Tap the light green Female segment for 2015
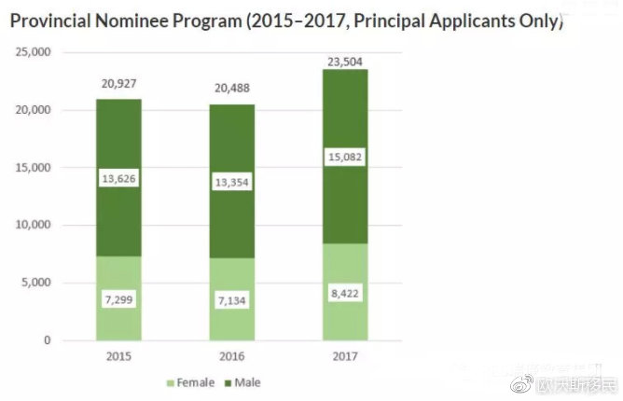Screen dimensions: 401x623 pyautogui.click(x=118, y=317)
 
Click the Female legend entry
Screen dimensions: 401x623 pyautogui.click(x=191, y=382)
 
